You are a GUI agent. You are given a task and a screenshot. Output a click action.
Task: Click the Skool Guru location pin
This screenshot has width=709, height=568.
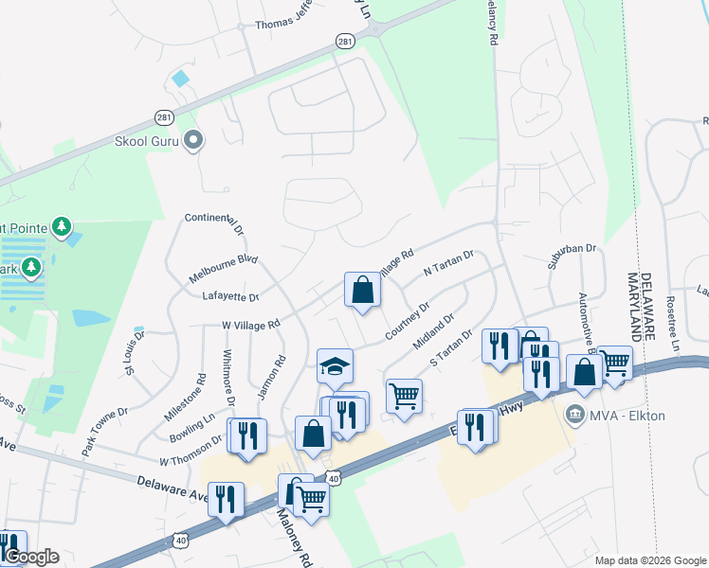194,141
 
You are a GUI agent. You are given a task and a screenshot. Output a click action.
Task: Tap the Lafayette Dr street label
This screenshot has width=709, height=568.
231,296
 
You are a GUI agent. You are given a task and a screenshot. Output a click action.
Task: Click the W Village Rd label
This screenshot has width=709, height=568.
251,324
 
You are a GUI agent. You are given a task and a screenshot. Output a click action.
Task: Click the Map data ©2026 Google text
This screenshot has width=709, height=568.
649,560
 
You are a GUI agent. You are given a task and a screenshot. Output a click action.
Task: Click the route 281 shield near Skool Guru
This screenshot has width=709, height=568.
165,116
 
